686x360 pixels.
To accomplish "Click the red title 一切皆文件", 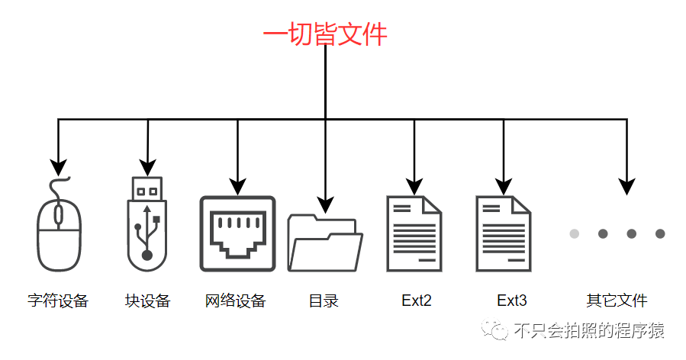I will [x=325, y=34].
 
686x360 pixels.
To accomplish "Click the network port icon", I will [x=237, y=233].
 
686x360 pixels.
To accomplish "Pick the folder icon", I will [x=325, y=243].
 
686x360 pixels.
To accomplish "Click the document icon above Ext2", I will [x=414, y=233].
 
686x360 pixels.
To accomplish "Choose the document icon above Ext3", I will [x=503, y=233].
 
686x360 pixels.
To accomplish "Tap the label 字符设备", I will [x=58, y=301].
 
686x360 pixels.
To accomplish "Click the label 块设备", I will [x=147, y=301].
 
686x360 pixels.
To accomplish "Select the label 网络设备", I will [x=236, y=301].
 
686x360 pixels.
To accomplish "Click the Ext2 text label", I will [x=417, y=301].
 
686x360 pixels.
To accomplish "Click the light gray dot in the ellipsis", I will [x=575, y=233].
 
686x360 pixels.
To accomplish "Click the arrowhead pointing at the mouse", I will [x=58, y=166].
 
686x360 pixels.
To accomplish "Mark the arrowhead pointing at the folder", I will [x=325, y=204].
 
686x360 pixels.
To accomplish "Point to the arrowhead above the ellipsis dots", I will [x=626, y=185].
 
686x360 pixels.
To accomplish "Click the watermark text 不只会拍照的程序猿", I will [x=588, y=330].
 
